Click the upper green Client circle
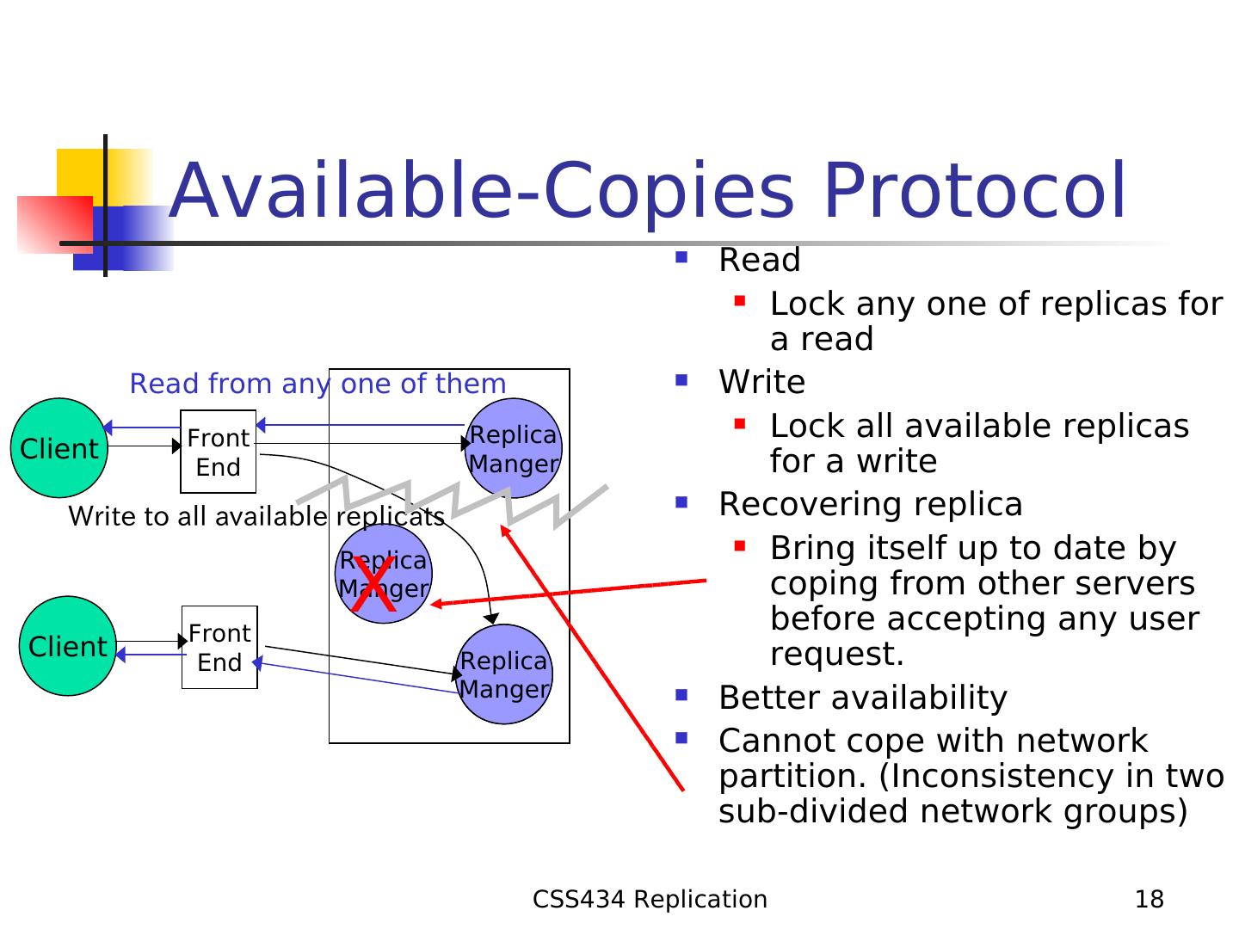click(59, 448)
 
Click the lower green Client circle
click(68, 646)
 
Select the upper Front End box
click(218, 452)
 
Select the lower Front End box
click(219, 647)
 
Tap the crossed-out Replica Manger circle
click(384, 574)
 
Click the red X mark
click(373, 584)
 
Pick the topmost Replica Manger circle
click(514, 448)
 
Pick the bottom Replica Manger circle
click(504, 674)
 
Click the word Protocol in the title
click(975, 191)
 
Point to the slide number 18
click(1150, 899)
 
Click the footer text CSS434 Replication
click(650, 899)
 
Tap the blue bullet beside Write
click(681, 380)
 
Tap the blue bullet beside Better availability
click(681, 694)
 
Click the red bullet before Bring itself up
click(740, 545)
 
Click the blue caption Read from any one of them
click(317, 385)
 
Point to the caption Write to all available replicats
click(256, 517)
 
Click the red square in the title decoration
click(55, 225)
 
